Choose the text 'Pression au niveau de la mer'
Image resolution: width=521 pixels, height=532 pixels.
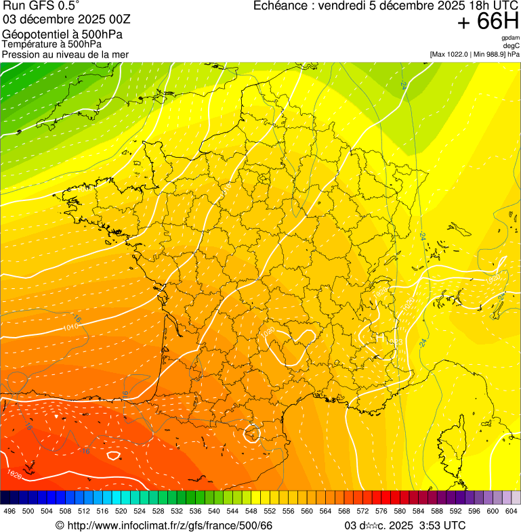click(65, 54)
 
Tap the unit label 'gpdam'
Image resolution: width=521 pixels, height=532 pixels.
click(510, 38)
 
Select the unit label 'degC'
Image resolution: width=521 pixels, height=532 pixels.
click(512, 45)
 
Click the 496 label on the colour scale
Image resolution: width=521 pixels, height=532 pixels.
click(9, 511)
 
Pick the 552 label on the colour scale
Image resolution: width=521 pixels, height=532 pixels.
click(269, 511)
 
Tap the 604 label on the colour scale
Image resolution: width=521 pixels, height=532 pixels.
click(511, 511)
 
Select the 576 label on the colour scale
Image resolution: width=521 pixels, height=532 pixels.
click(381, 511)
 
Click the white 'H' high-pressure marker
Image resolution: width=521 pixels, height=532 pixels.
click(379, 336)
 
